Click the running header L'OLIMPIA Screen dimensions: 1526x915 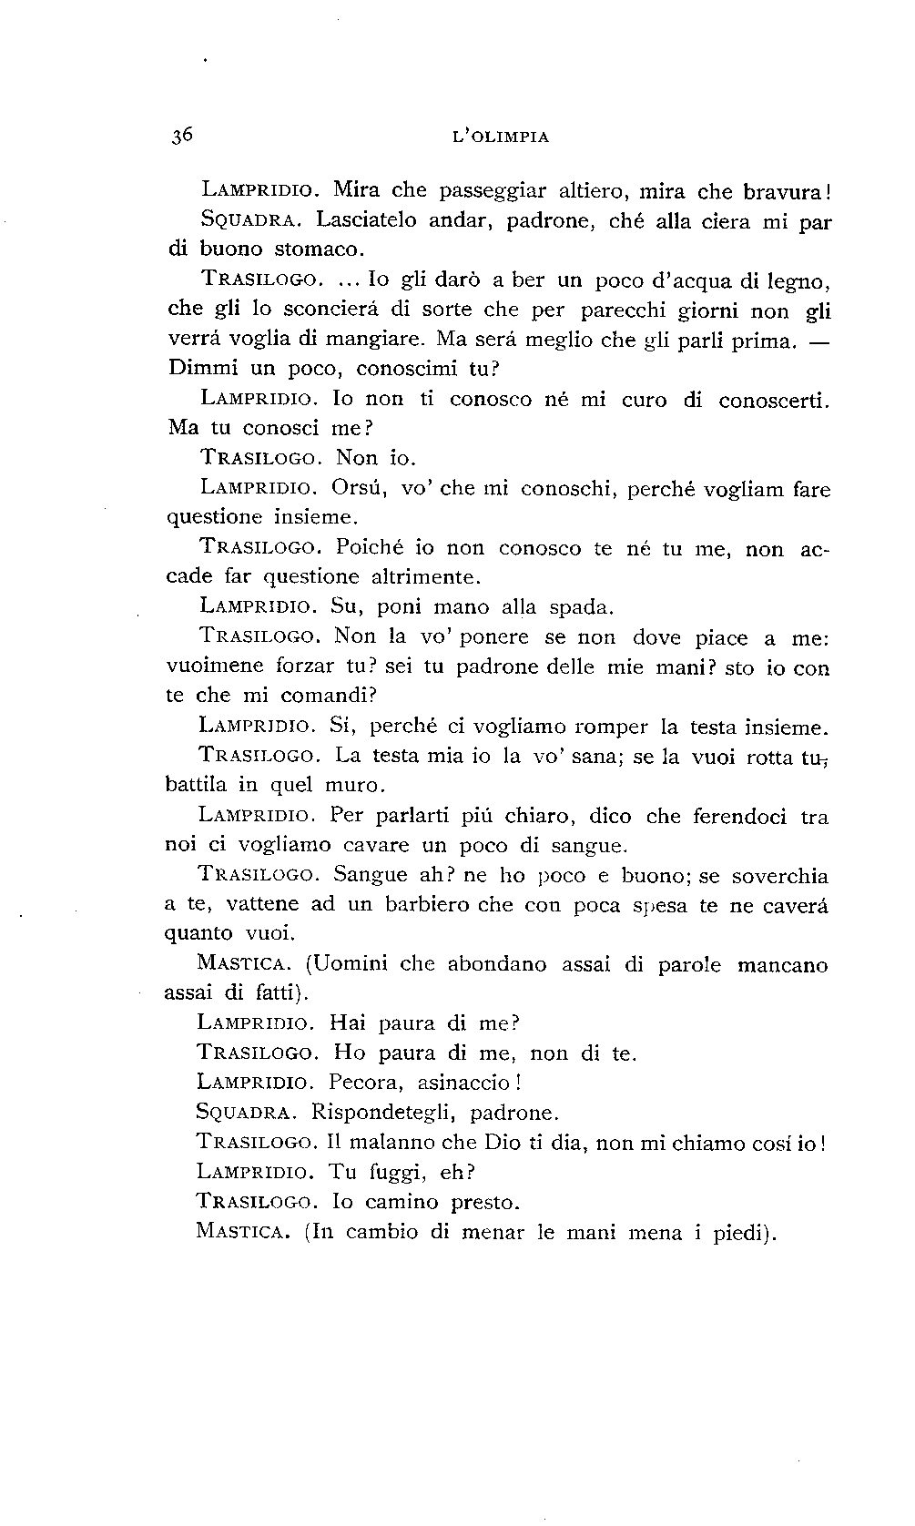[x=501, y=137]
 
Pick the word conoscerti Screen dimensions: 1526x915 [x=773, y=400]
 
